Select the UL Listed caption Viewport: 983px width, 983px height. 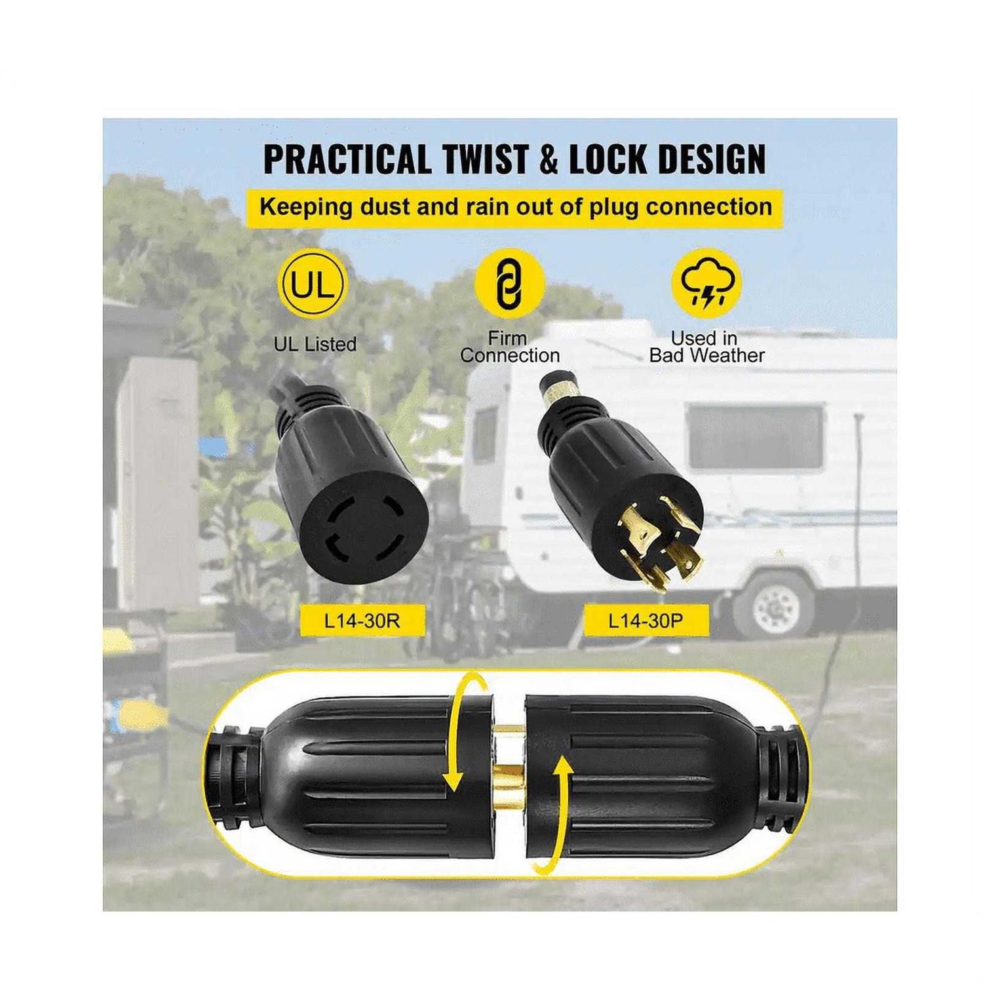click(315, 344)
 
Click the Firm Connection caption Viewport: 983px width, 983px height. click(510, 347)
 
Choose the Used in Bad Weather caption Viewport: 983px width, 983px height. click(706, 347)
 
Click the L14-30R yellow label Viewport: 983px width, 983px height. click(362, 620)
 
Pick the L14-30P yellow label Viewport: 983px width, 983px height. click(646, 620)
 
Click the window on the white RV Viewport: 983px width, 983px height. click(756, 437)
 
